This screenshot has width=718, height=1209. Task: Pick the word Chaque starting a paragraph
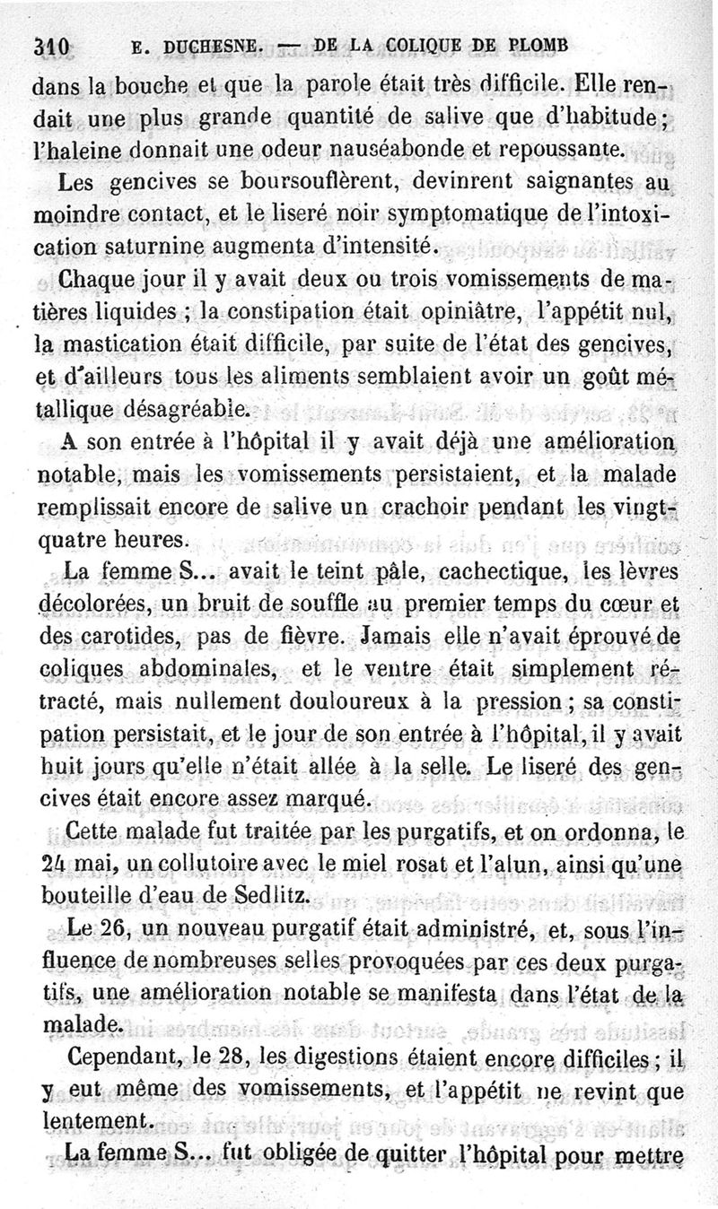[97, 279]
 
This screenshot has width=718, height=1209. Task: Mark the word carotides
[116, 638]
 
